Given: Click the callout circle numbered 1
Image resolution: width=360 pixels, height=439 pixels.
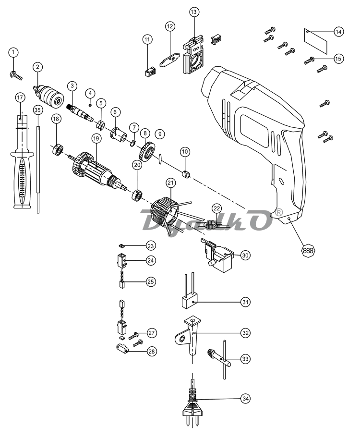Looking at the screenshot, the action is pos(13,52).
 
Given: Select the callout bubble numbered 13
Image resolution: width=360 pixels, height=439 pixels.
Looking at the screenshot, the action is pos(193,12).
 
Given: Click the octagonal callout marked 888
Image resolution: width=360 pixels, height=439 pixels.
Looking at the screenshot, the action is pos(308,251).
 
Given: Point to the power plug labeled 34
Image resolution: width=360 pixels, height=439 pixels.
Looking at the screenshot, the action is pos(193,406).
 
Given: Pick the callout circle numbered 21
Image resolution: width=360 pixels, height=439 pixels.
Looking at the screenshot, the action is pos(170,183).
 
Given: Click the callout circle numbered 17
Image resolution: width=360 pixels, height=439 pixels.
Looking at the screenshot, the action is pos(20,98).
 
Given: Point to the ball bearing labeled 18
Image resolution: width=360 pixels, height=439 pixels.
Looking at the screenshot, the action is pos(58,150).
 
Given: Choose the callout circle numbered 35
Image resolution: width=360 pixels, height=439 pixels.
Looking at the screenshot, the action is pos(38,110).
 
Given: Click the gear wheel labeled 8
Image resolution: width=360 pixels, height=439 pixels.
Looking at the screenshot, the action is pos(147,152).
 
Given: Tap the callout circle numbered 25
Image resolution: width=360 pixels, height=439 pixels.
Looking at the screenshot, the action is pos(151,281).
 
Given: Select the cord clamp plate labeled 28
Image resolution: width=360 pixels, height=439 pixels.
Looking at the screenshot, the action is pos(122,348).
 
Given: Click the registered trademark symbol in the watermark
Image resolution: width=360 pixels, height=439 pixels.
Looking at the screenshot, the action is pos(279,212).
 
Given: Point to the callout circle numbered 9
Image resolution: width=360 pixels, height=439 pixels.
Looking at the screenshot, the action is pos(160,134).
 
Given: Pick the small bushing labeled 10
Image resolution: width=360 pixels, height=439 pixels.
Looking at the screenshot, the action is pos(187,174).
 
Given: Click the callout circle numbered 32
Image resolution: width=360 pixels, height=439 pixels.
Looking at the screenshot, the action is pos(245,333).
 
